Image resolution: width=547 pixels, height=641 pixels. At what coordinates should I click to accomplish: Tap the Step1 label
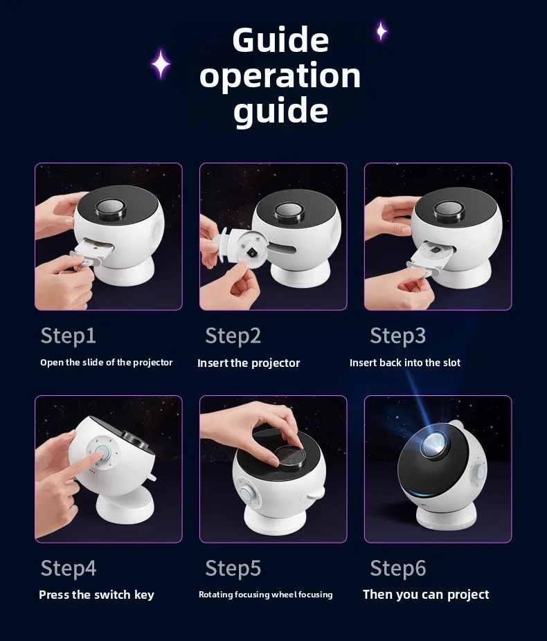coord(69,336)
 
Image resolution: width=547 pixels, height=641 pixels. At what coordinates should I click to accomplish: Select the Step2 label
coord(233,336)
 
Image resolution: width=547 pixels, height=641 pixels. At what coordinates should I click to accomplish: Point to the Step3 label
coord(397,336)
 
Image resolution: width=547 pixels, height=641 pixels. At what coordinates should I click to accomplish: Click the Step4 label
coord(69,568)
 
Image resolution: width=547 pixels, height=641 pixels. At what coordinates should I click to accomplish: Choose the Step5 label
coord(233,568)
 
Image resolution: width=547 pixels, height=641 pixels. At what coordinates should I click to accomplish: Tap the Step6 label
coord(397,568)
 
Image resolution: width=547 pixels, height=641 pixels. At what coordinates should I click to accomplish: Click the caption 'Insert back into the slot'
coord(405,363)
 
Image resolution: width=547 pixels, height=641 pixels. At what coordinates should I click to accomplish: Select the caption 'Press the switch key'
coord(96,595)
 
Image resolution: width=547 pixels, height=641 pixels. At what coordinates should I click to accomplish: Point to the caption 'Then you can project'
coord(426,595)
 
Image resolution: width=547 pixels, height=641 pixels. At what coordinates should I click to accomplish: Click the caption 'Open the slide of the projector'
coord(107,363)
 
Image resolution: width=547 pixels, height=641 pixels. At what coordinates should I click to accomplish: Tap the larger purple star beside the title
coord(161,64)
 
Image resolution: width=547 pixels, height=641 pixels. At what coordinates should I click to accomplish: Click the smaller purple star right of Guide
coord(382,31)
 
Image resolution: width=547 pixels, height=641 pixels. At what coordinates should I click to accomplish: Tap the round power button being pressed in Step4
coord(102,454)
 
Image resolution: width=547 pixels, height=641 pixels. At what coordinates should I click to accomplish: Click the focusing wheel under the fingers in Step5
coord(289,457)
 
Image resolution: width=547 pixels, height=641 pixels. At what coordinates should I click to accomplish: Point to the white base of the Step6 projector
coord(446,516)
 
